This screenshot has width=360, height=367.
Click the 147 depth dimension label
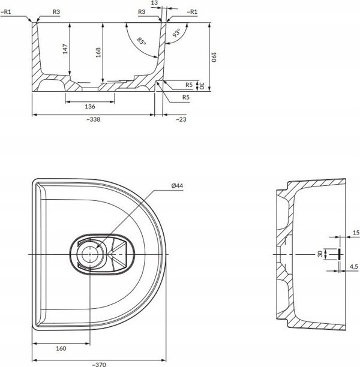(x=65, y=49)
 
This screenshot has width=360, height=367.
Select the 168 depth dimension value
(x=98, y=52)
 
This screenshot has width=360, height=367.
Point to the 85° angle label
(x=142, y=41)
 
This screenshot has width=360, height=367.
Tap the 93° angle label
(x=176, y=33)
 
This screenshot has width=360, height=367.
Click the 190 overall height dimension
(x=214, y=57)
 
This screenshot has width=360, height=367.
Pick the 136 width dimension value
(x=90, y=107)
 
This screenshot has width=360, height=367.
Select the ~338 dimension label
(x=93, y=119)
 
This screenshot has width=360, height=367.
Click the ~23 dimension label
(x=181, y=119)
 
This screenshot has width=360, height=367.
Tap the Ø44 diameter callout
(x=177, y=186)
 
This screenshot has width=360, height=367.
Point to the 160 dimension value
(x=61, y=348)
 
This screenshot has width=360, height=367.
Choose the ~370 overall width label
(x=99, y=364)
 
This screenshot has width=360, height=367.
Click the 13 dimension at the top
(x=155, y=3)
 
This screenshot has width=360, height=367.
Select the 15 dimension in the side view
(x=356, y=233)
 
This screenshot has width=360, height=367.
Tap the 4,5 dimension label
(x=353, y=266)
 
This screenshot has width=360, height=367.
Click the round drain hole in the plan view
(x=90, y=254)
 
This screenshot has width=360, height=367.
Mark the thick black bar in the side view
(x=339, y=254)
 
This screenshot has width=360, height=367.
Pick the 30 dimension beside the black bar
(x=320, y=254)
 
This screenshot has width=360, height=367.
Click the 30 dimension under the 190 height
(x=201, y=86)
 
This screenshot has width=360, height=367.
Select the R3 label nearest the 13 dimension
(x=142, y=12)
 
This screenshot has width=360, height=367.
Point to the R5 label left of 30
(x=189, y=85)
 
